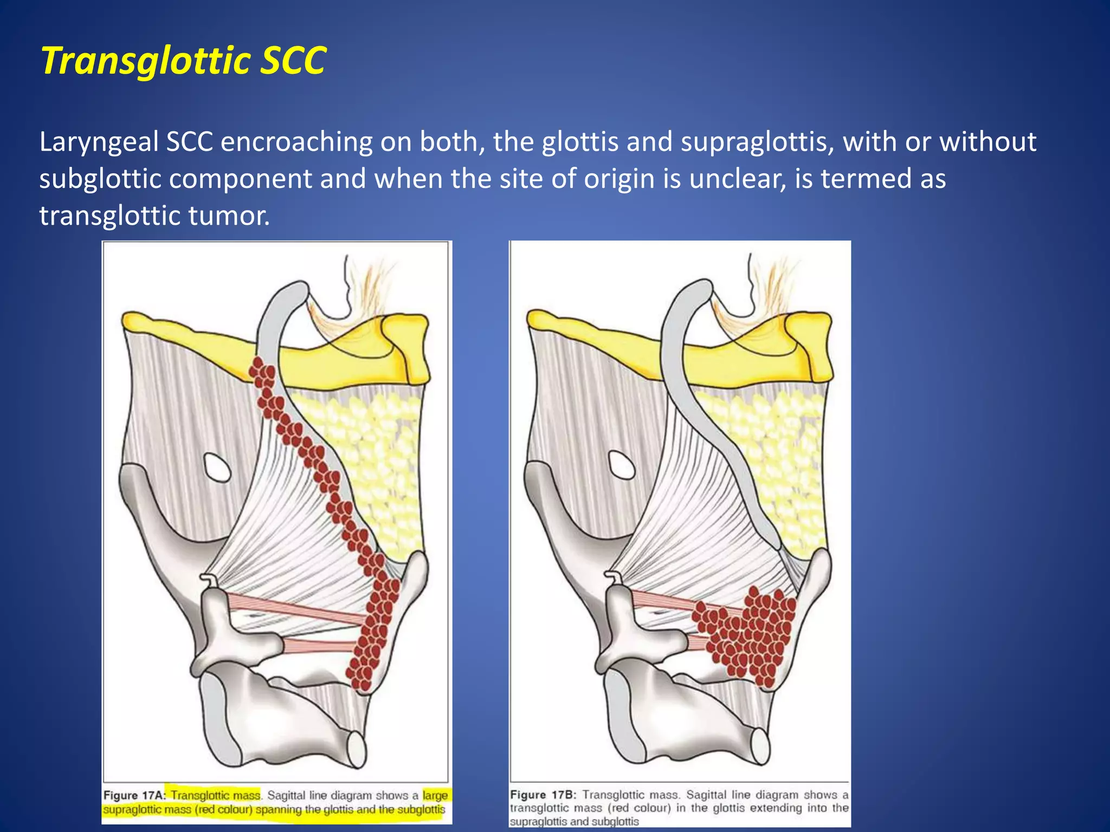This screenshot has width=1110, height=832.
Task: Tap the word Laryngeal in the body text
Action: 99,142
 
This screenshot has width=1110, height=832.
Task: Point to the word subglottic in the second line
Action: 100,179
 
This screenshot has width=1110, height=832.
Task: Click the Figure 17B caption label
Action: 543,795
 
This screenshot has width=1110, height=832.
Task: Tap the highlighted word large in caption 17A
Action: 435,795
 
